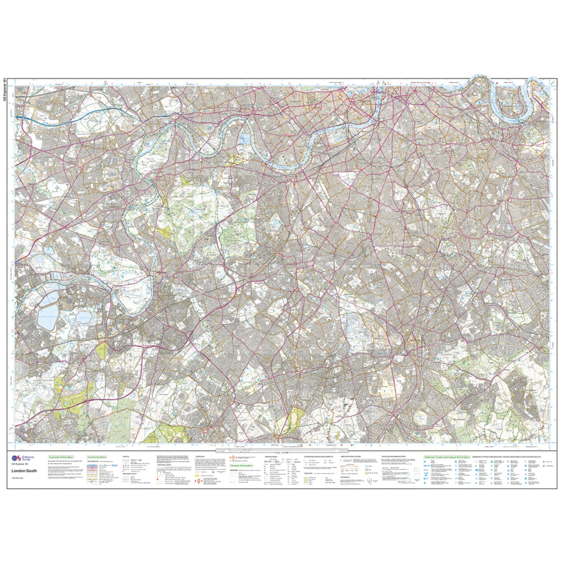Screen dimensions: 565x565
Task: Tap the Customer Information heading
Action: (61, 457)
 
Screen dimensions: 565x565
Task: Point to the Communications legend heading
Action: (97, 457)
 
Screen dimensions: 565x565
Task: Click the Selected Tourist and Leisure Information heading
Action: (446, 457)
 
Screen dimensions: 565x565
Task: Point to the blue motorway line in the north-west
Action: (44, 119)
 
